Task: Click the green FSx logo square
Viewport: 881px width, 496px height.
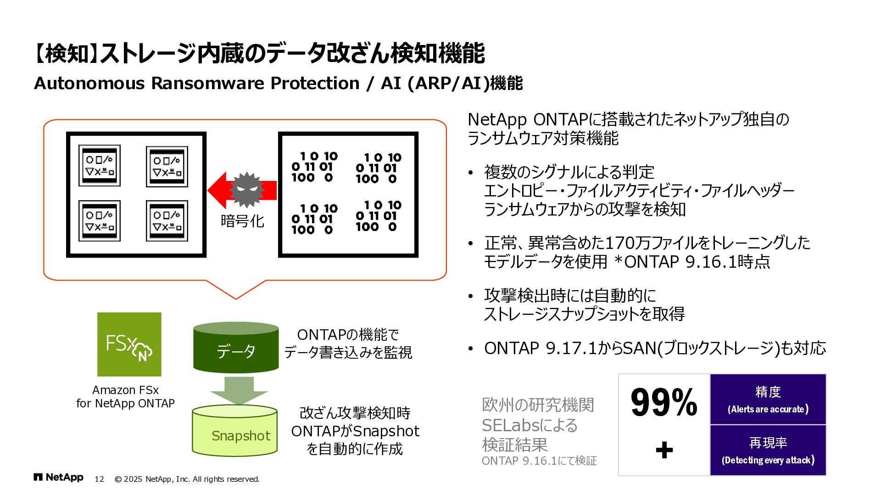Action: coord(129,344)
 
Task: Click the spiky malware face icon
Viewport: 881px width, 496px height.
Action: coord(247,190)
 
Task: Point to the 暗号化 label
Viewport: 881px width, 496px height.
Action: coord(242,221)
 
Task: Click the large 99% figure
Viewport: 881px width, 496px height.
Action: coord(664,402)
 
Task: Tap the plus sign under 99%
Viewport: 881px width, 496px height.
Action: coord(664,450)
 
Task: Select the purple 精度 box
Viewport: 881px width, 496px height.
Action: coord(768,399)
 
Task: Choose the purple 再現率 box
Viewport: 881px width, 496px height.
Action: coord(768,450)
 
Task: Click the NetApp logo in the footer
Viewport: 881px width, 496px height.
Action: coord(58,478)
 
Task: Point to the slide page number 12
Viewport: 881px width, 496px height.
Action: coord(99,479)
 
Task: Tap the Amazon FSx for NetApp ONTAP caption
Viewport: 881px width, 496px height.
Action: coord(125,397)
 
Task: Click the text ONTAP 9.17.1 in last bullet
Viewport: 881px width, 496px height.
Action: coord(541,349)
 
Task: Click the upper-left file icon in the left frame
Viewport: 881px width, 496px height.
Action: coord(100,166)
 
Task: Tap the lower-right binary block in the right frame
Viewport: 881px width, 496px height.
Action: coord(379,216)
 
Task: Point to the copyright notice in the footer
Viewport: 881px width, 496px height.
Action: coord(187,479)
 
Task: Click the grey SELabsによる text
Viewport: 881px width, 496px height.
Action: coord(530,425)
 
